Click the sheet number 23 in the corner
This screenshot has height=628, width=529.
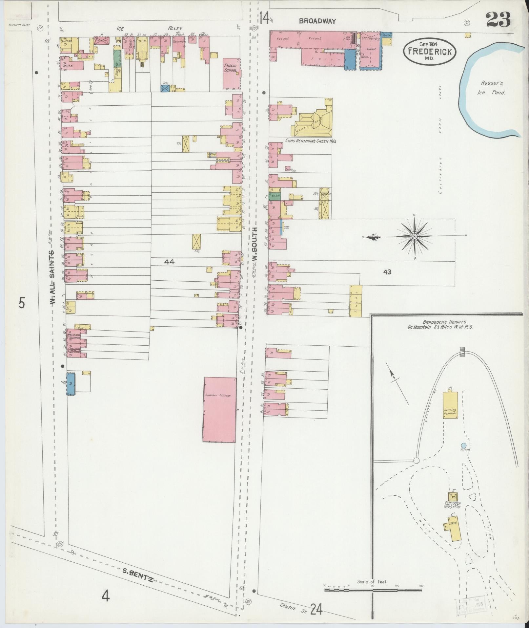coord(498,20)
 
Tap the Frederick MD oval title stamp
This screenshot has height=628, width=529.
coord(430,51)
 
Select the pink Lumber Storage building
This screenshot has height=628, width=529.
coord(219,410)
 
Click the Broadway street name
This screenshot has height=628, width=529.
coord(317,21)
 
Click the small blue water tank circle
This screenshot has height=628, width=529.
coord(463,445)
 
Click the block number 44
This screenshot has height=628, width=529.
coord(170,262)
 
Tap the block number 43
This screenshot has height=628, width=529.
coord(387,272)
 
